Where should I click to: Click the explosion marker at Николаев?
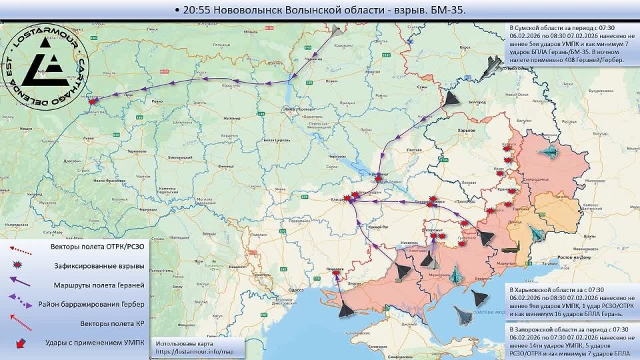(335, 272)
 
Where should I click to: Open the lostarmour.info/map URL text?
(195, 351)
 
